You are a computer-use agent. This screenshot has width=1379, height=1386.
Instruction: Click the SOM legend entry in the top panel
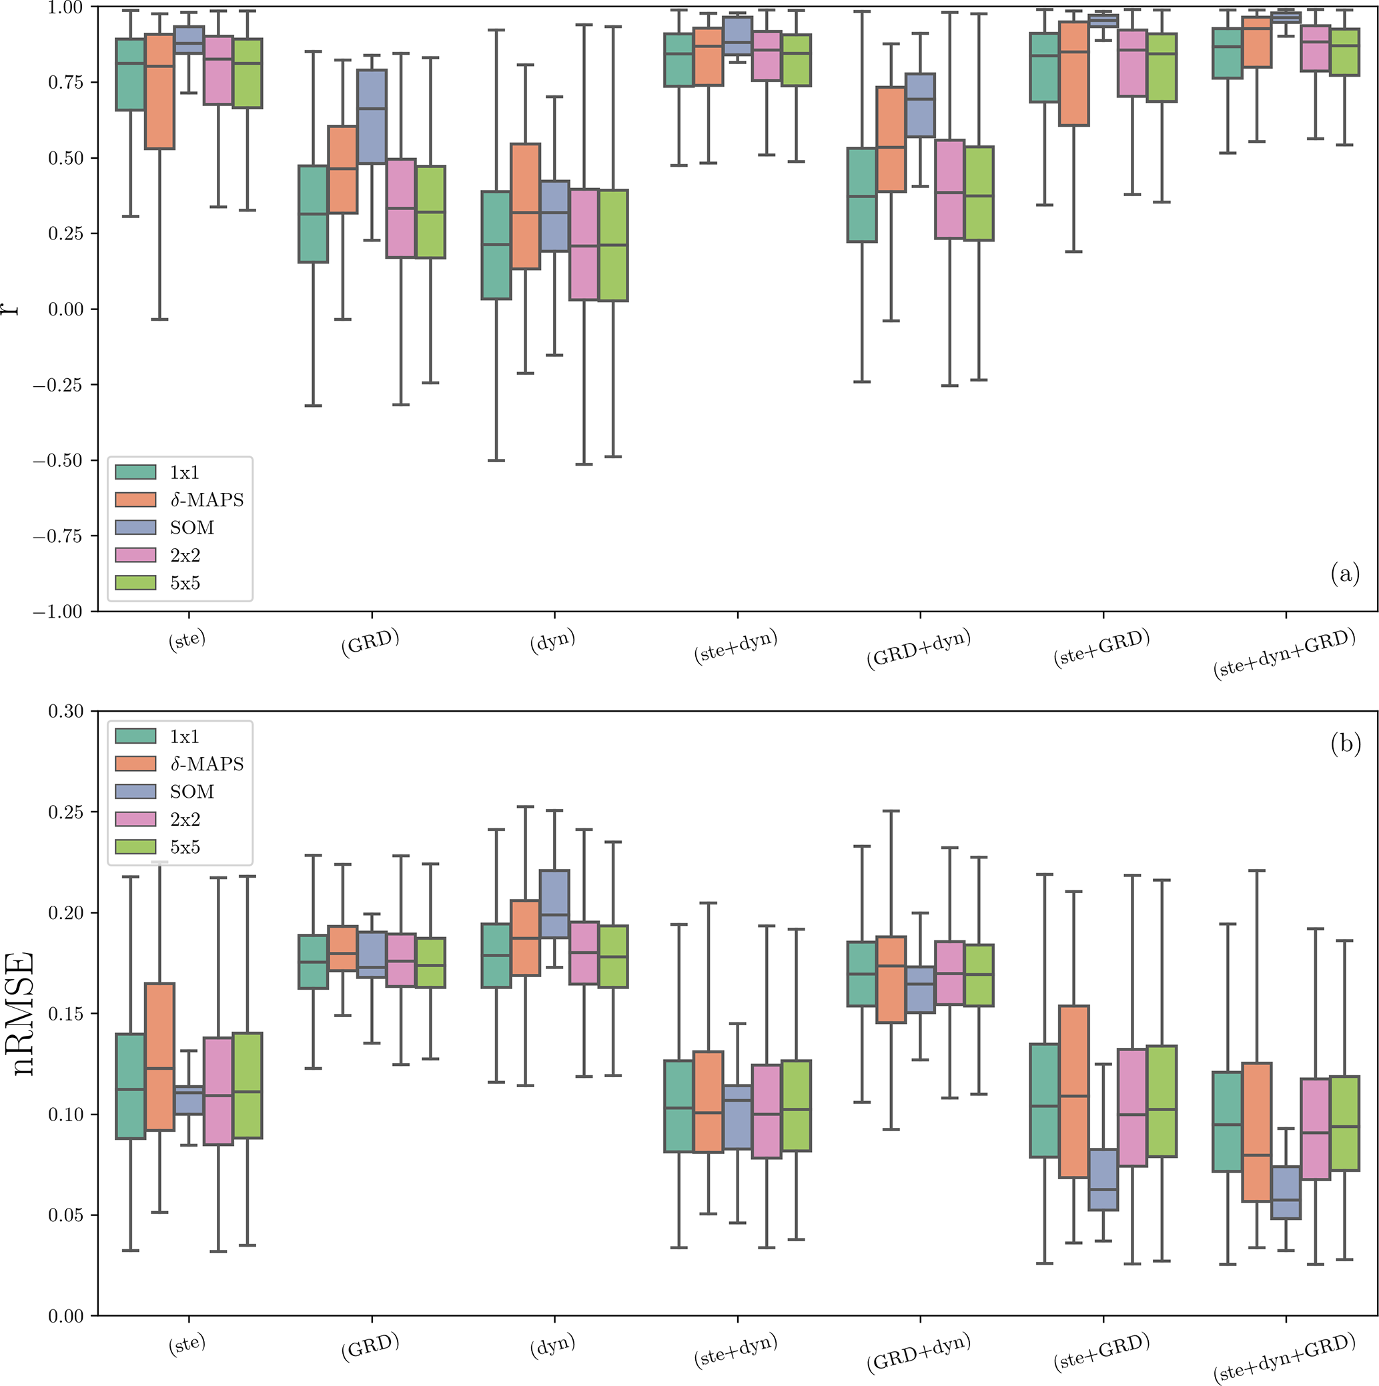[191, 528]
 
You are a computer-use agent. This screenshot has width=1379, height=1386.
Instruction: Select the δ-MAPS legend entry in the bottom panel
[207, 764]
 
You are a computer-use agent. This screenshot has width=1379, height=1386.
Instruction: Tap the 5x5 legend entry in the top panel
[184, 583]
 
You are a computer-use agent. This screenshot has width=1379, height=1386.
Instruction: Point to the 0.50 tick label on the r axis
[65, 158]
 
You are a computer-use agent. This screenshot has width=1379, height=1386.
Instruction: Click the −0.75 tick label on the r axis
[57, 536]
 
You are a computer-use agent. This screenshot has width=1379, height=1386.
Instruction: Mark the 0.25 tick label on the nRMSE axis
[65, 812]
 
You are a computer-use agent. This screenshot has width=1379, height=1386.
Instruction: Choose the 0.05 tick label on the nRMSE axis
[65, 1215]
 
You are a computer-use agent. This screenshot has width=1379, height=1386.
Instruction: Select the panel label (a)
[1344, 574]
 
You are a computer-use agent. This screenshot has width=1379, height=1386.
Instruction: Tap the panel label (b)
[1345, 744]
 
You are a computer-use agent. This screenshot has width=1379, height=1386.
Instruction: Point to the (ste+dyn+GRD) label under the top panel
[1284, 653]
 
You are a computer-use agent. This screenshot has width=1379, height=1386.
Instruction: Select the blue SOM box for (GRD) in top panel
[372, 116]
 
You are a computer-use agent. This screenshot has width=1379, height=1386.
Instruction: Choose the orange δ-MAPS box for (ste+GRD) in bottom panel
[1074, 1091]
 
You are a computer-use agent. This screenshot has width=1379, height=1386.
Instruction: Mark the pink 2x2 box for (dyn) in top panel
[584, 244]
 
